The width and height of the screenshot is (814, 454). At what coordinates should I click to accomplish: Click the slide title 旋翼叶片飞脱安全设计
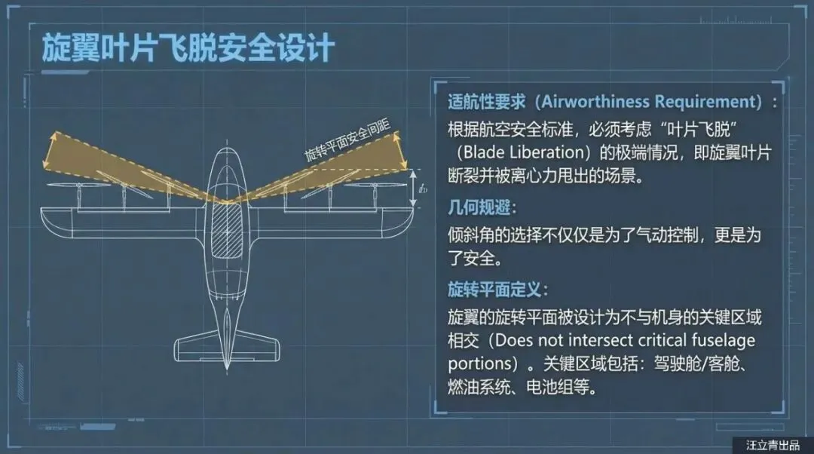(188, 48)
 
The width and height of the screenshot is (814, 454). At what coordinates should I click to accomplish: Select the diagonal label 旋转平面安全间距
(340, 140)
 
